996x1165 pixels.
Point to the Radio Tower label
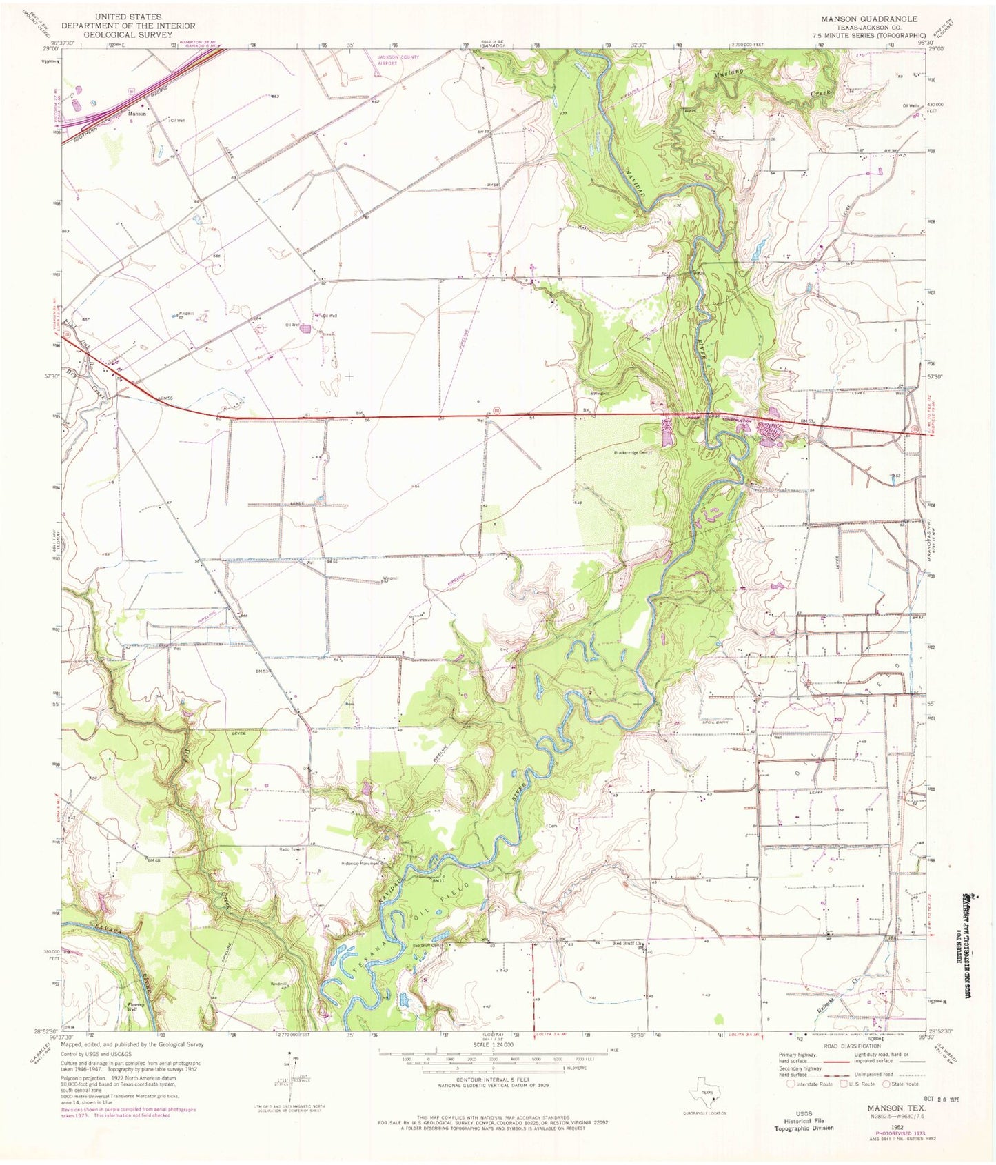[x=290, y=849]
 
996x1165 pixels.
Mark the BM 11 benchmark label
[x=438, y=880]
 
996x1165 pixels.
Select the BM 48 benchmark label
[x=154, y=860]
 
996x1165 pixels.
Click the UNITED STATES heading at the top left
[x=129, y=16]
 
